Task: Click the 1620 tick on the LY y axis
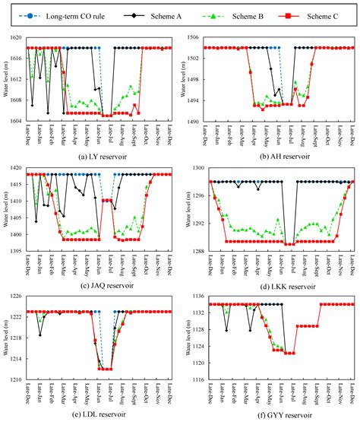click(x=17, y=37)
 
